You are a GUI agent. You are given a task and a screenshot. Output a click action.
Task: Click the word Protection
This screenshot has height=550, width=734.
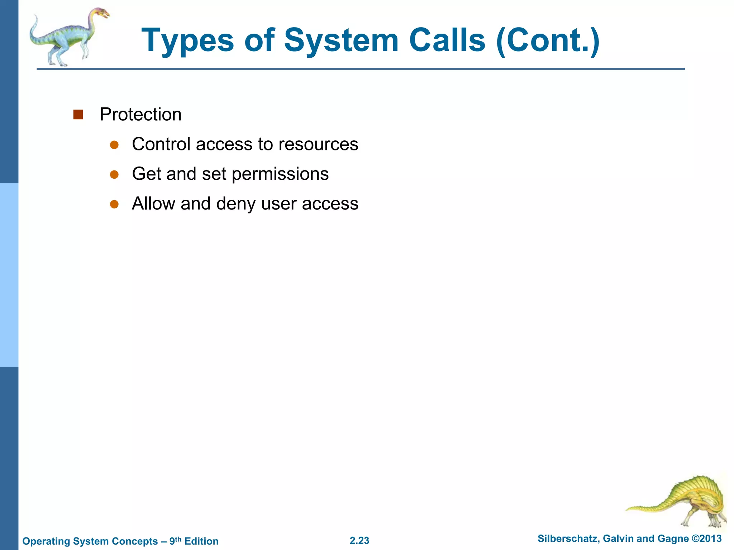pyautogui.click(x=140, y=115)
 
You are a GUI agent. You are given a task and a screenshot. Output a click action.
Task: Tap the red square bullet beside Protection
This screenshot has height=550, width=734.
pyautogui.click(x=78, y=115)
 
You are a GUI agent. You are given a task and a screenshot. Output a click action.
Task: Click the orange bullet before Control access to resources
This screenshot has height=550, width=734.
pyautogui.click(x=114, y=145)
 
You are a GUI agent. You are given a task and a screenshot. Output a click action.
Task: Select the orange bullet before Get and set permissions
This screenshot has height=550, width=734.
pyautogui.click(x=114, y=174)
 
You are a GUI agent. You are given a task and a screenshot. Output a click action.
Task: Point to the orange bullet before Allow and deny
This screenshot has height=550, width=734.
pyautogui.click(x=114, y=204)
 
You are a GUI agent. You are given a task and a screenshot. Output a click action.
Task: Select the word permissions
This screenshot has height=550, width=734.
pyautogui.click(x=280, y=174)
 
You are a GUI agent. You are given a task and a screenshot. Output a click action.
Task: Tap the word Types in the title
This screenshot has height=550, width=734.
pyautogui.click(x=187, y=41)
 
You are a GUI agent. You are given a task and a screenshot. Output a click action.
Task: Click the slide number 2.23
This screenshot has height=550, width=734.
pyautogui.click(x=359, y=540)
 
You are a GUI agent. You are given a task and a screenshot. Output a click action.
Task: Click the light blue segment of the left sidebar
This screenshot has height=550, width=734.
pyautogui.click(x=9, y=275)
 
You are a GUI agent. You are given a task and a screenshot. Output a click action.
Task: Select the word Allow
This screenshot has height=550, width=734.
pyautogui.click(x=153, y=204)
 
